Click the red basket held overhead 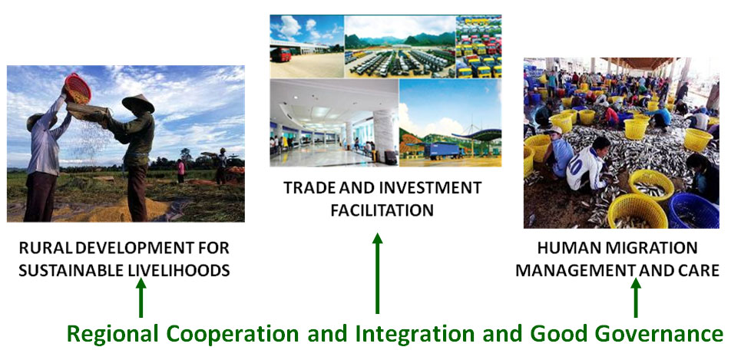click(78, 88)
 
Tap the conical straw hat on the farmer click(138, 103)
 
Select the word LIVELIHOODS click(179, 270)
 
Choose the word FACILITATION click(382, 210)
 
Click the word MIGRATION click(656, 248)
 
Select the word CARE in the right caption click(699, 270)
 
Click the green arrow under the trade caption click(378, 273)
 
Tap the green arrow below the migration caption click(636, 298)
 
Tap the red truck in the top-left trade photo click(280, 55)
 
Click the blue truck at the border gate click(441, 150)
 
